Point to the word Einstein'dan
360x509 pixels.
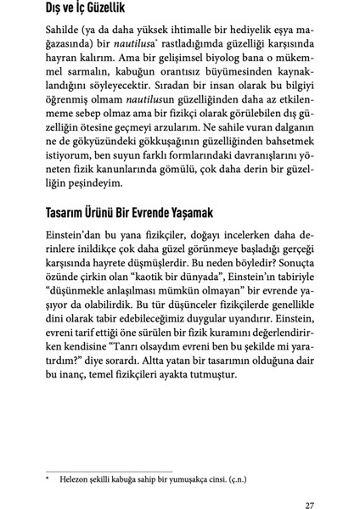click(x=73, y=238)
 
